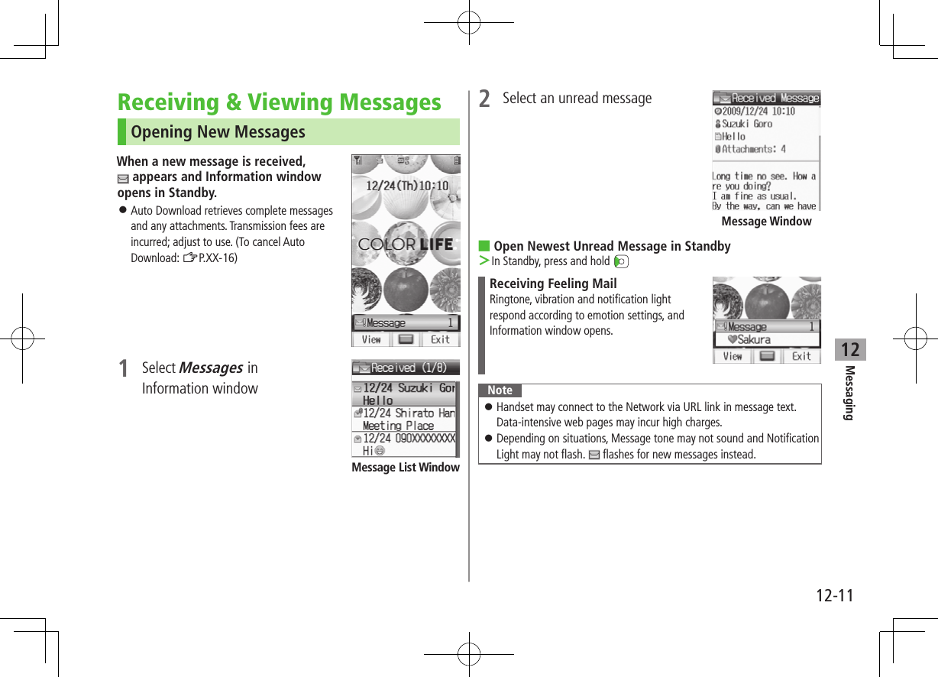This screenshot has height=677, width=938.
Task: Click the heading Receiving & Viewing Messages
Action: tap(279, 102)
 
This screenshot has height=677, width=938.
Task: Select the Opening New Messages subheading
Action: tap(218, 132)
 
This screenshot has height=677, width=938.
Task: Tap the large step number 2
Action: tap(484, 99)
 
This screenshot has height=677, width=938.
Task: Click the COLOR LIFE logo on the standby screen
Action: tap(406, 245)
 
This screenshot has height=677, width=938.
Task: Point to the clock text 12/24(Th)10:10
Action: tap(407, 186)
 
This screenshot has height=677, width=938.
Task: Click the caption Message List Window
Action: tap(405, 468)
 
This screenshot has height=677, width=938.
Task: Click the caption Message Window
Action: tap(766, 222)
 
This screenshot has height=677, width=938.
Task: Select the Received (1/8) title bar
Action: tap(406, 368)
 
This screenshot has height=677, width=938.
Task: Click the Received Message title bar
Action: tap(766, 99)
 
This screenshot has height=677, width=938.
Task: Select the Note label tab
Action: tap(500, 390)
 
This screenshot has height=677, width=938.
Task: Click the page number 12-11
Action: tap(831, 594)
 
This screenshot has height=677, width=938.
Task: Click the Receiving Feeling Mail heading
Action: tap(553, 284)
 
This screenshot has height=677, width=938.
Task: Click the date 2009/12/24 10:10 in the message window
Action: tap(758, 112)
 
